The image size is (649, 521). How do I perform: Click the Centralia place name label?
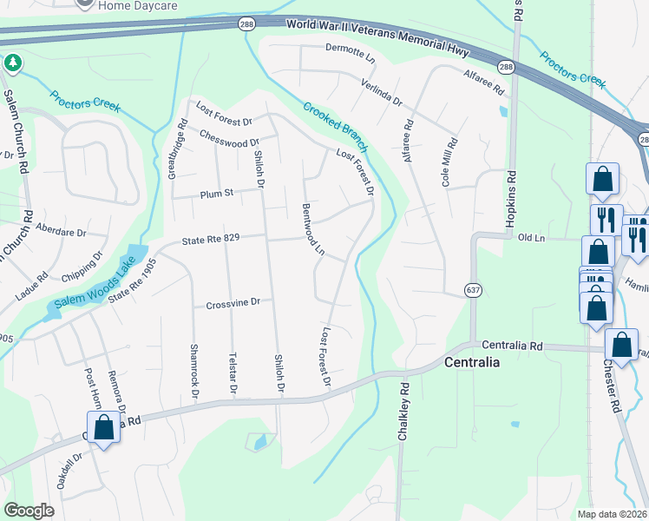(x=471, y=362)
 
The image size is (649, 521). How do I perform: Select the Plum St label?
(x=217, y=193)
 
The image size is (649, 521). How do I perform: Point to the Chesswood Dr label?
(x=229, y=139)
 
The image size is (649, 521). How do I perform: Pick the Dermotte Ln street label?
(x=350, y=58)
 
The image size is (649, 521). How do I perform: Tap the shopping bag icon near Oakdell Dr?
(x=103, y=428)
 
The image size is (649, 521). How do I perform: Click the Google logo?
(x=29, y=510)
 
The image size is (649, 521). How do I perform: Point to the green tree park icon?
(x=12, y=63)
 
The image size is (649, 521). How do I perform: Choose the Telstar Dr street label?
(x=233, y=373)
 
